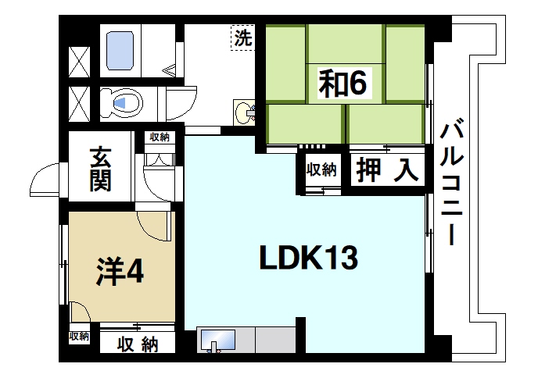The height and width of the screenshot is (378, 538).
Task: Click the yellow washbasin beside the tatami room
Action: (246, 112)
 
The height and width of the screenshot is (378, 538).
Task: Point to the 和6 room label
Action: (342, 84)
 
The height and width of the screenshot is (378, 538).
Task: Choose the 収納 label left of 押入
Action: (321, 169)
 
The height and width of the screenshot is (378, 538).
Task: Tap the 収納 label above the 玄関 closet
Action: (160, 137)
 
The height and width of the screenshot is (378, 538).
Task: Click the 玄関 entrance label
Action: (100, 169)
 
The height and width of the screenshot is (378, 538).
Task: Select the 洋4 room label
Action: (119, 269)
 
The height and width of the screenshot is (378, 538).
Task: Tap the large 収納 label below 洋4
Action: (138, 343)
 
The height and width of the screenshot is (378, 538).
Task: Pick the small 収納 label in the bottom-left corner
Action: (78, 337)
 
